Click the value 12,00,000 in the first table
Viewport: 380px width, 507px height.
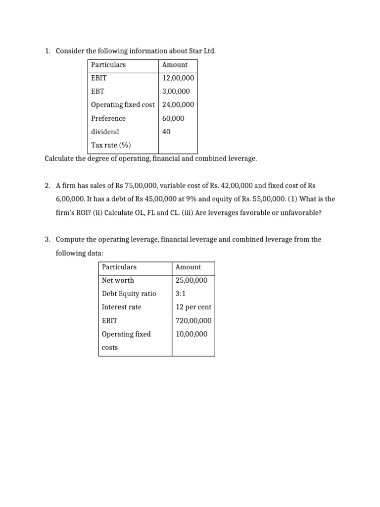[178, 78]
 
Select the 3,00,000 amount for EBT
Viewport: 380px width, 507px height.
[176, 92]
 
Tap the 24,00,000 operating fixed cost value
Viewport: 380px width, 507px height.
[178, 105]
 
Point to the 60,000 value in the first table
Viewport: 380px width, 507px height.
[173, 118]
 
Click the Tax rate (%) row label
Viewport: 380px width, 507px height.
[111, 145]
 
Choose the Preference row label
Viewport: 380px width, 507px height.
[108, 118]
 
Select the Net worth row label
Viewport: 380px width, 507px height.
[118, 280]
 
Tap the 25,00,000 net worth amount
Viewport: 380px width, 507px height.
[191, 280]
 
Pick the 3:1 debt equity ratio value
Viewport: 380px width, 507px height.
[181, 294]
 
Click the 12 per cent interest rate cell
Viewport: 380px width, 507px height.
[193, 307]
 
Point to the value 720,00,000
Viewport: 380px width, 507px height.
[193, 320]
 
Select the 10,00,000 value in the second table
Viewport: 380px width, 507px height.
[191, 334]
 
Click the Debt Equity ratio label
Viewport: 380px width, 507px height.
[129, 294]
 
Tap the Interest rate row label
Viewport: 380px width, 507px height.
[121, 307]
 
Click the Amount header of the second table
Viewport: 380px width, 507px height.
[189, 267]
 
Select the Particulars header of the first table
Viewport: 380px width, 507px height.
[108, 65]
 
